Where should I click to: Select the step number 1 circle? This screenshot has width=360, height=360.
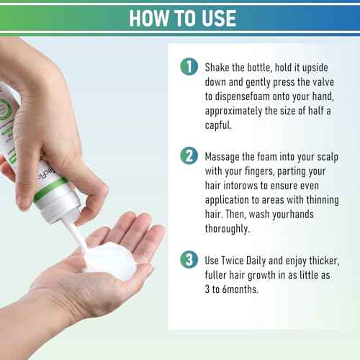pos(189,66)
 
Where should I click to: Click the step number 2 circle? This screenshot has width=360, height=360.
pos(189,156)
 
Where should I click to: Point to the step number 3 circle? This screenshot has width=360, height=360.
pos(189,259)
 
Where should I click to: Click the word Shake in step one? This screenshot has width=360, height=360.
pos(217,68)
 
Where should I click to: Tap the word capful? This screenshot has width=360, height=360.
pos(218,125)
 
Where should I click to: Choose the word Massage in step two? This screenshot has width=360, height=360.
pos(222,157)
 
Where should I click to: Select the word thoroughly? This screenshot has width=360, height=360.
pos(228,229)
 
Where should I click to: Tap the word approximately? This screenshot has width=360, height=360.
pos(233,111)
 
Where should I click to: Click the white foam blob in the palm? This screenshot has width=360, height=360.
pos(109,261)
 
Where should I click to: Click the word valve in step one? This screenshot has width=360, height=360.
pos(323,82)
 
